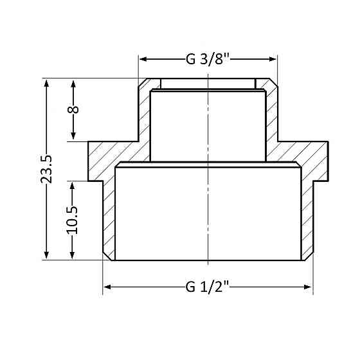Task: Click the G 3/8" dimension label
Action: [208, 59]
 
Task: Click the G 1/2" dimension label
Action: [208, 287]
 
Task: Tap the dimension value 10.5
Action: [72, 219]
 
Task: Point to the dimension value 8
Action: [73, 109]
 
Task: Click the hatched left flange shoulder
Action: [106, 161]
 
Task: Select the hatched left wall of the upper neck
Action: [144, 113]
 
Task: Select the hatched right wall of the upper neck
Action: [271, 113]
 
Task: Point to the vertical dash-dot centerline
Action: [208, 212]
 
